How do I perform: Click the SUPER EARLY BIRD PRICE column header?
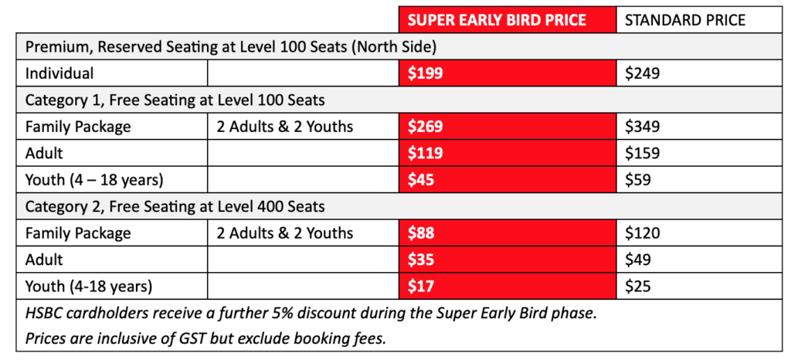click(x=497, y=19)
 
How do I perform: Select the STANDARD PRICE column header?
click(x=684, y=19)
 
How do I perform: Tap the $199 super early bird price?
click(x=426, y=73)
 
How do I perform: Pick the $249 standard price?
click(x=642, y=73)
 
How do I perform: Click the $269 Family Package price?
click(x=426, y=126)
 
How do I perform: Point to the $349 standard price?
click(x=642, y=126)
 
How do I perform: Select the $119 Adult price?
click(x=426, y=153)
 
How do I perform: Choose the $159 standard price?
click(x=642, y=153)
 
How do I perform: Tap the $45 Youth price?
click(x=421, y=179)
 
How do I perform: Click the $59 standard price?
click(x=637, y=179)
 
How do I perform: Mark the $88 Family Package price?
click(x=421, y=233)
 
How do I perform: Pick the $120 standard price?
click(x=642, y=233)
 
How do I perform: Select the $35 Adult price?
click(x=421, y=260)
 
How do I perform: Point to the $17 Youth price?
click(x=421, y=287)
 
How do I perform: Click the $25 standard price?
click(x=637, y=287)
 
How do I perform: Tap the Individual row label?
click(x=59, y=73)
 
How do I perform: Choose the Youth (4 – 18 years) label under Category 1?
click(x=94, y=180)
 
